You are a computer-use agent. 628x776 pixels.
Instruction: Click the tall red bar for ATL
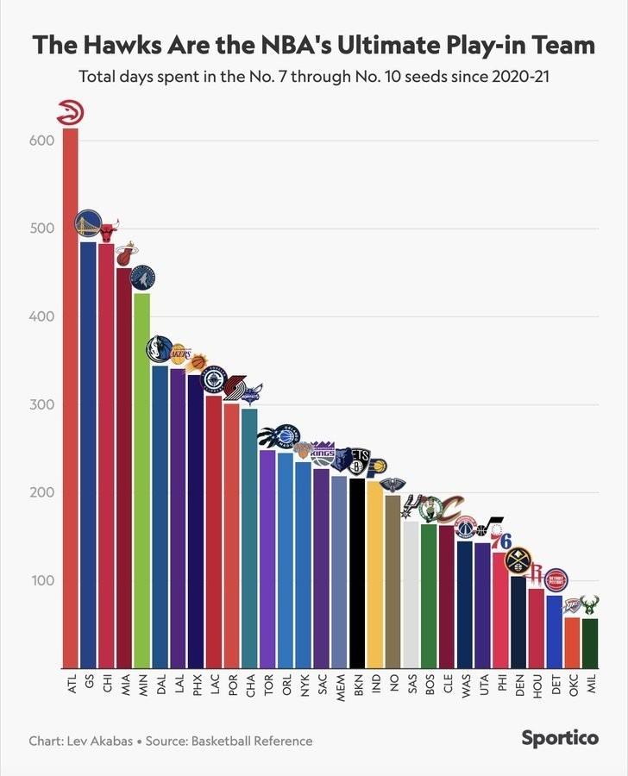(70, 397)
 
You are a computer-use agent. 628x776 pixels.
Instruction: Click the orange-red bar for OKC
(572, 641)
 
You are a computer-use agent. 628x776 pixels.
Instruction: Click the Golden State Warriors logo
(88, 225)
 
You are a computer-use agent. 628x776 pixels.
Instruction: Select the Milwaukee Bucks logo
(590, 604)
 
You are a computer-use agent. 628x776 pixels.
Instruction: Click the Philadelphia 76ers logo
(500, 541)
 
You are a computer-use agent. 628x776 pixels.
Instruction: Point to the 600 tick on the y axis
(43, 141)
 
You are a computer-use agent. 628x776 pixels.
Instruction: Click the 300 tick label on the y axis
(43, 404)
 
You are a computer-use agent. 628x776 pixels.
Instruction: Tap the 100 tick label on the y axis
(43, 580)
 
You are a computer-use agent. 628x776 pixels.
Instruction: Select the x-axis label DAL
(160, 685)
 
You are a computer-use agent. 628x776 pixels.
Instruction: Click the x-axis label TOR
(268, 685)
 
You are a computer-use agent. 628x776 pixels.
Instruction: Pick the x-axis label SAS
(411, 685)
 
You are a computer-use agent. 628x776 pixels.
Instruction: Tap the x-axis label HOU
(537, 685)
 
